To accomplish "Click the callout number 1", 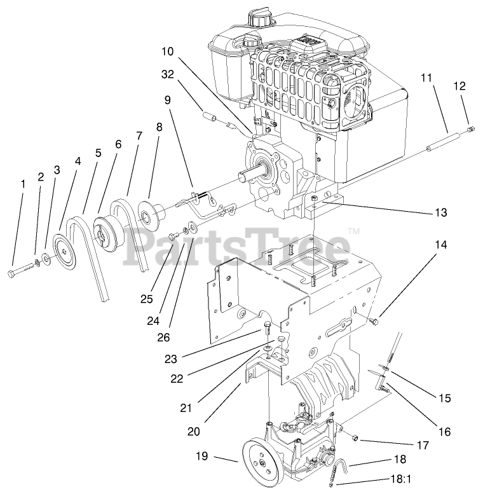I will tap(23, 184).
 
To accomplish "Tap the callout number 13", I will tap(440, 212).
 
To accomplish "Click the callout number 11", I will tap(426, 77).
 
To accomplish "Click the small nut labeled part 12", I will tap(470, 130).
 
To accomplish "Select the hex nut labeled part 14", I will tap(374, 322).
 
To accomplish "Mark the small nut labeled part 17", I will tap(357, 438).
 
